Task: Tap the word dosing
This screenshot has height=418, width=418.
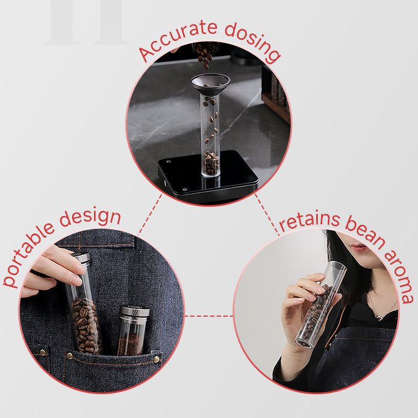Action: click(252, 42)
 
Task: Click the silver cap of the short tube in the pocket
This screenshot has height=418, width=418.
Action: click(135, 311)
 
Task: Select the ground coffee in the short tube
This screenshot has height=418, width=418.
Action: click(131, 344)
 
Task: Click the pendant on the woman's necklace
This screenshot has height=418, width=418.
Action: click(378, 317)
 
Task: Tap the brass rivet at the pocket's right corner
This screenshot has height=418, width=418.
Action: click(157, 359)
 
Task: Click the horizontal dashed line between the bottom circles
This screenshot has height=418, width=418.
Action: click(209, 316)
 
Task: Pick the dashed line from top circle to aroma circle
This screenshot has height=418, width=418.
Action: click(267, 215)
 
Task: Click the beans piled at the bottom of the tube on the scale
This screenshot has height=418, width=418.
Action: click(211, 163)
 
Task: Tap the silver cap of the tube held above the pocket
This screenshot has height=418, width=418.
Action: click(81, 257)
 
